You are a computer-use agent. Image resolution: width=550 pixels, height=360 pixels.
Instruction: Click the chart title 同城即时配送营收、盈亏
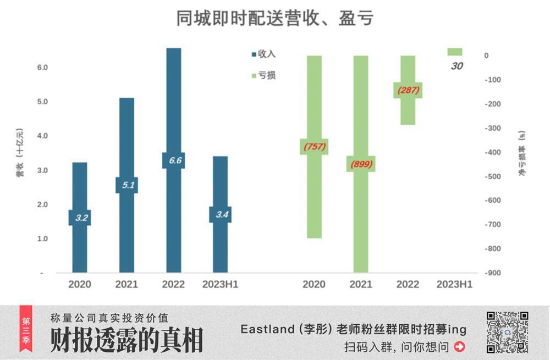(274, 18)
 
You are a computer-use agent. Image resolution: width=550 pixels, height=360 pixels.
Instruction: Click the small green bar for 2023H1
(455, 52)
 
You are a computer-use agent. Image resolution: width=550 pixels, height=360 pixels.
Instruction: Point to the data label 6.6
(173, 160)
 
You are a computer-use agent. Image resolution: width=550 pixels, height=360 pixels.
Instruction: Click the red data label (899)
(361, 164)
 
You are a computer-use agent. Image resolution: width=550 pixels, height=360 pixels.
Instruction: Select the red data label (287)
(408, 90)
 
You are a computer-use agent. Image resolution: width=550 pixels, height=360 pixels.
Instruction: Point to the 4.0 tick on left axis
(42, 136)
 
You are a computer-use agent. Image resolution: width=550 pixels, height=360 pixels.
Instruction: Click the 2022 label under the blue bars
(173, 285)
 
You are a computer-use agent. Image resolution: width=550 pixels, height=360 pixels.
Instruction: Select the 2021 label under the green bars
(361, 285)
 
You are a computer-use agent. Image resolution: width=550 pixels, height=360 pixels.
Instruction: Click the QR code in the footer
(507, 332)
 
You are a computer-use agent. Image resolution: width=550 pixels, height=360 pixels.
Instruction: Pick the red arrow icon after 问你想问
(460, 347)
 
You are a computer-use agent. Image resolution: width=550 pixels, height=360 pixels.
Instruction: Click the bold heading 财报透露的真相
(127, 340)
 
